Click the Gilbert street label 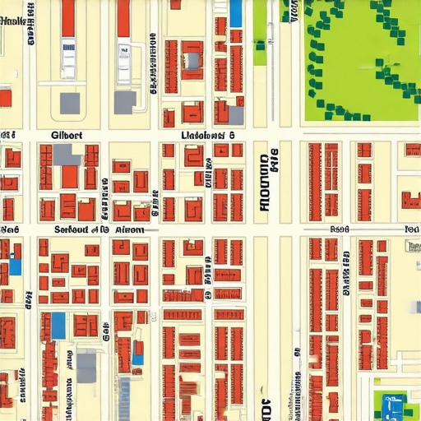point(66,135)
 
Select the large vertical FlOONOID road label point(263,181)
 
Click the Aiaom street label point(130,229)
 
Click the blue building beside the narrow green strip point(236,13)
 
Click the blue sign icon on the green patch point(392,403)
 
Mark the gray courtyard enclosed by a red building point(192,60)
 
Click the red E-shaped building point(409,200)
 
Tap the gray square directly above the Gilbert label point(70,103)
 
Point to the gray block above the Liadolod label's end point(236,115)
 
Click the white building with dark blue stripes point(67,58)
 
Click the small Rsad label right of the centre point(340,230)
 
